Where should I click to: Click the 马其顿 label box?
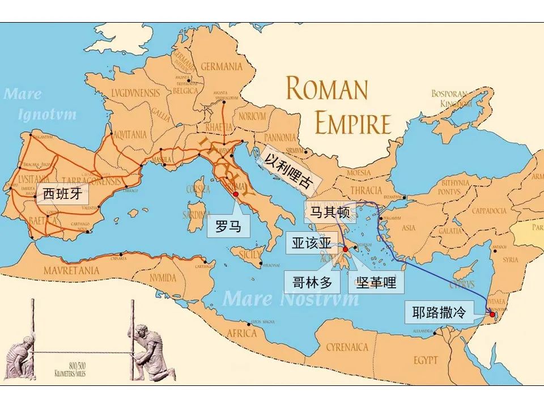coord(330,212)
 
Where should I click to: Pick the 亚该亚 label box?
coord(312,243)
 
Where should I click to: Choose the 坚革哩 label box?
coord(376,282)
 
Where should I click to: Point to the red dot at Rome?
coord(235,193)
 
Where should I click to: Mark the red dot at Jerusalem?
coord(492,314)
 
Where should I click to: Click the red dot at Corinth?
coord(345,249)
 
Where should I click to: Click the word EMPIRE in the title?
coord(353,124)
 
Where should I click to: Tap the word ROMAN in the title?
coord(327,90)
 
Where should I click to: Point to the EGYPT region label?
coord(426,360)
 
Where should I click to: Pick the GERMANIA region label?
coord(222,66)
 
